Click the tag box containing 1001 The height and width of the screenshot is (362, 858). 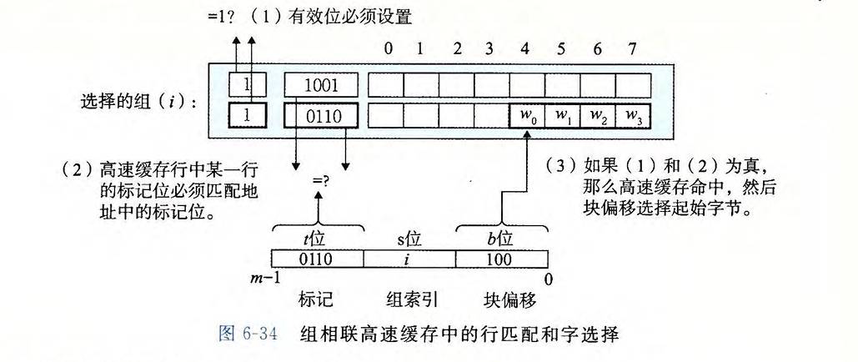[321, 84]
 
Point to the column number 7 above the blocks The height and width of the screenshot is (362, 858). [633, 48]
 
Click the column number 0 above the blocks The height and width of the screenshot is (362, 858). [388, 48]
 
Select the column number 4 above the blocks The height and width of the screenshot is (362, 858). [525, 48]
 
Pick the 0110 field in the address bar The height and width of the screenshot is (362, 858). [317, 259]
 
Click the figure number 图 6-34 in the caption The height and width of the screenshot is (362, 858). [240, 336]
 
